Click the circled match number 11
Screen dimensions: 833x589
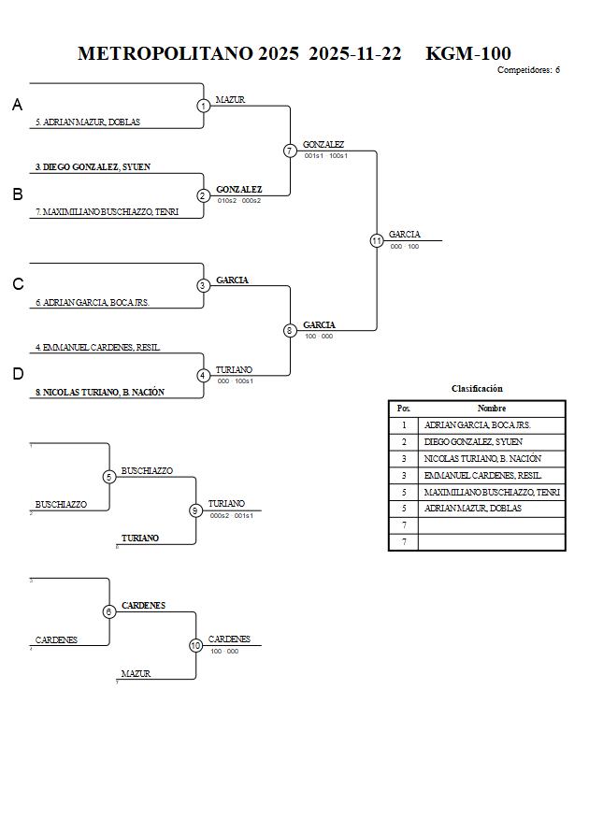[x=377, y=240]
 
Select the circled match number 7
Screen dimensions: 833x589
[x=290, y=151]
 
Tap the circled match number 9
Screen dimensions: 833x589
[x=195, y=510]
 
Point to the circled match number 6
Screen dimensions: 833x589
[x=109, y=611]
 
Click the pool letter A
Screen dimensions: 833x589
[x=17, y=106]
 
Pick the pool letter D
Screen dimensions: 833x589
[x=17, y=374]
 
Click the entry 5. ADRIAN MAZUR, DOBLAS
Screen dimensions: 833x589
[x=87, y=122]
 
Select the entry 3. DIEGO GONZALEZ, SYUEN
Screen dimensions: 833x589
[x=93, y=167]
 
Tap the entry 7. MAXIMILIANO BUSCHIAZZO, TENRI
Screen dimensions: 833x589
[x=108, y=212]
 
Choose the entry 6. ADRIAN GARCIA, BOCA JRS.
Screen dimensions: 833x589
[x=93, y=302]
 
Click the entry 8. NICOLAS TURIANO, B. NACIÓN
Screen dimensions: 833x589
[x=99, y=393]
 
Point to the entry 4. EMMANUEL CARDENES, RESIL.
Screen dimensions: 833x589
[x=97, y=348]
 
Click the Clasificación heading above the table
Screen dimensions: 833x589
[x=477, y=388]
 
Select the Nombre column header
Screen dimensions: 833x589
[x=491, y=409]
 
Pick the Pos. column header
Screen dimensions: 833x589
[x=403, y=409]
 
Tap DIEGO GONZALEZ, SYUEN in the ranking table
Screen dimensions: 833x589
[x=473, y=441]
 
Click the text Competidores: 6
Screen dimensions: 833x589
[x=528, y=70]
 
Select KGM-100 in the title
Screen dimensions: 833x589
[x=467, y=53]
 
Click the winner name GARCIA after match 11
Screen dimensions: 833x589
[x=404, y=235]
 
